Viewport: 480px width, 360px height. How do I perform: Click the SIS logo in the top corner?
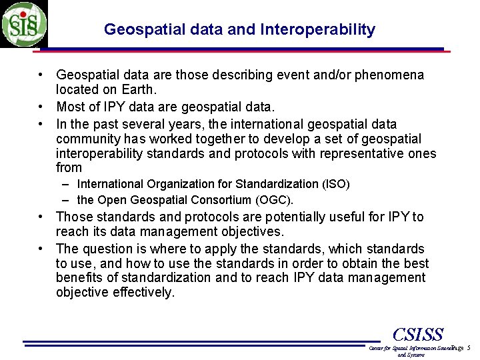click(x=24, y=23)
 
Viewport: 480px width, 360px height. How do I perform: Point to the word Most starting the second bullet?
click(x=71, y=107)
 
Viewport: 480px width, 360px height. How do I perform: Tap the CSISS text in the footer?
click(x=418, y=335)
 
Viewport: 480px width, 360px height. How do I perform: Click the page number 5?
click(x=469, y=348)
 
